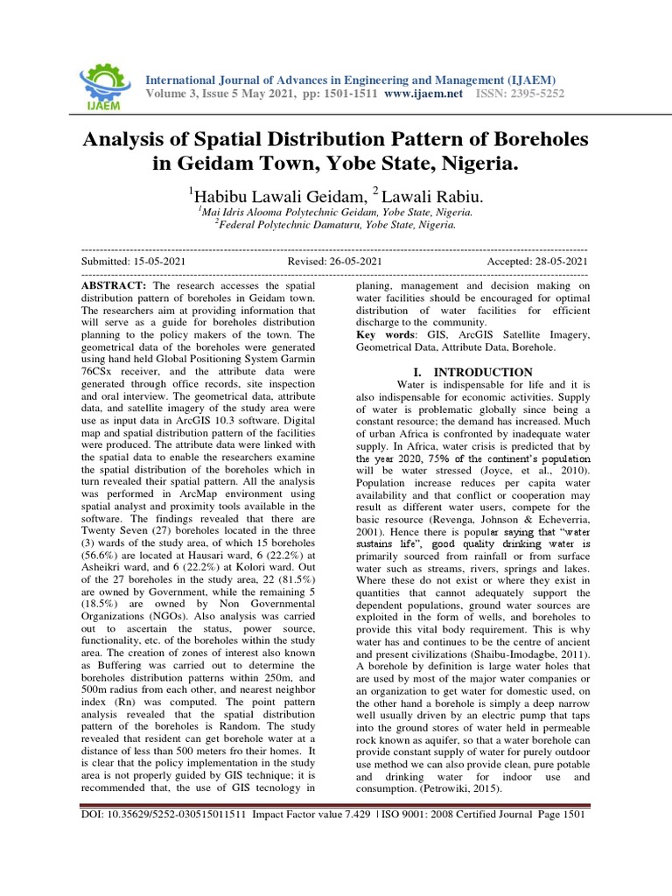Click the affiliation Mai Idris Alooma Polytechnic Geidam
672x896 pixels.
[x=337, y=212]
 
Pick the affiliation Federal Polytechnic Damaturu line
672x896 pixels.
[x=336, y=225]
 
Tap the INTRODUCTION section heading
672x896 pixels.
[x=480, y=372]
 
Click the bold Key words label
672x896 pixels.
[x=386, y=335]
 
